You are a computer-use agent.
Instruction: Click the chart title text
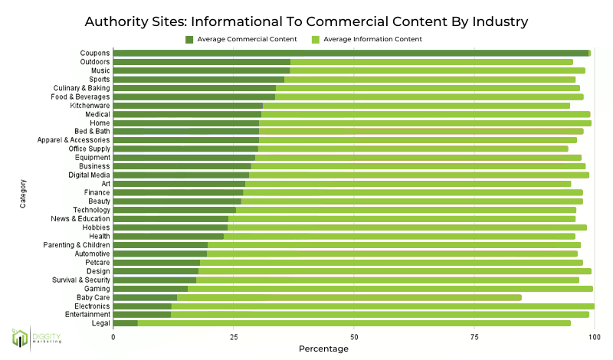[306, 20]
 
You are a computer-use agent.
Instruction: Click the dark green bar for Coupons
[351, 53]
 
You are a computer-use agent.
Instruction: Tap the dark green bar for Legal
[125, 323]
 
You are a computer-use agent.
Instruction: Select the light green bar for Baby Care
[349, 297]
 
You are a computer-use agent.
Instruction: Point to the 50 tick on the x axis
[353, 335]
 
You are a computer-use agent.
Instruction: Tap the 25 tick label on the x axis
[233, 335]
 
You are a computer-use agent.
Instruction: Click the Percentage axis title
[323, 349]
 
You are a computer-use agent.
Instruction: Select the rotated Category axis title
[25, 192]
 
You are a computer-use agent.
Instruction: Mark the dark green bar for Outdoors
[202, 61]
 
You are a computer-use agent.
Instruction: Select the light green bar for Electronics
[382, 306]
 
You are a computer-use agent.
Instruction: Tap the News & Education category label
[79, 218]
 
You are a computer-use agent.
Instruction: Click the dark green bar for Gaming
[150, 288]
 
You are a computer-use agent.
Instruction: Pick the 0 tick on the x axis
[113, 335]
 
